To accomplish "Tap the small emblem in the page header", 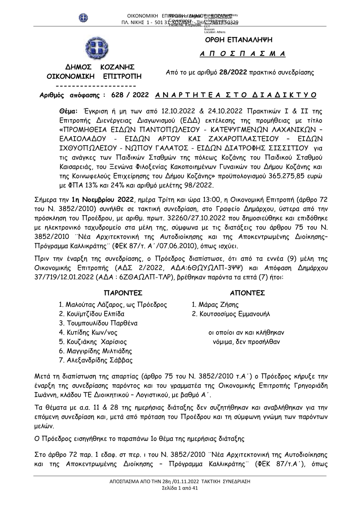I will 84,18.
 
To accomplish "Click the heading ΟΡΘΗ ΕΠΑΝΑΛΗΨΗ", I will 238,40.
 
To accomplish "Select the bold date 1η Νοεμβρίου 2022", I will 103,200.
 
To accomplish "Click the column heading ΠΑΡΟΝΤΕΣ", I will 123,293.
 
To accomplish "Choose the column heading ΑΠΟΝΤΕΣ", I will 247,293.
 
